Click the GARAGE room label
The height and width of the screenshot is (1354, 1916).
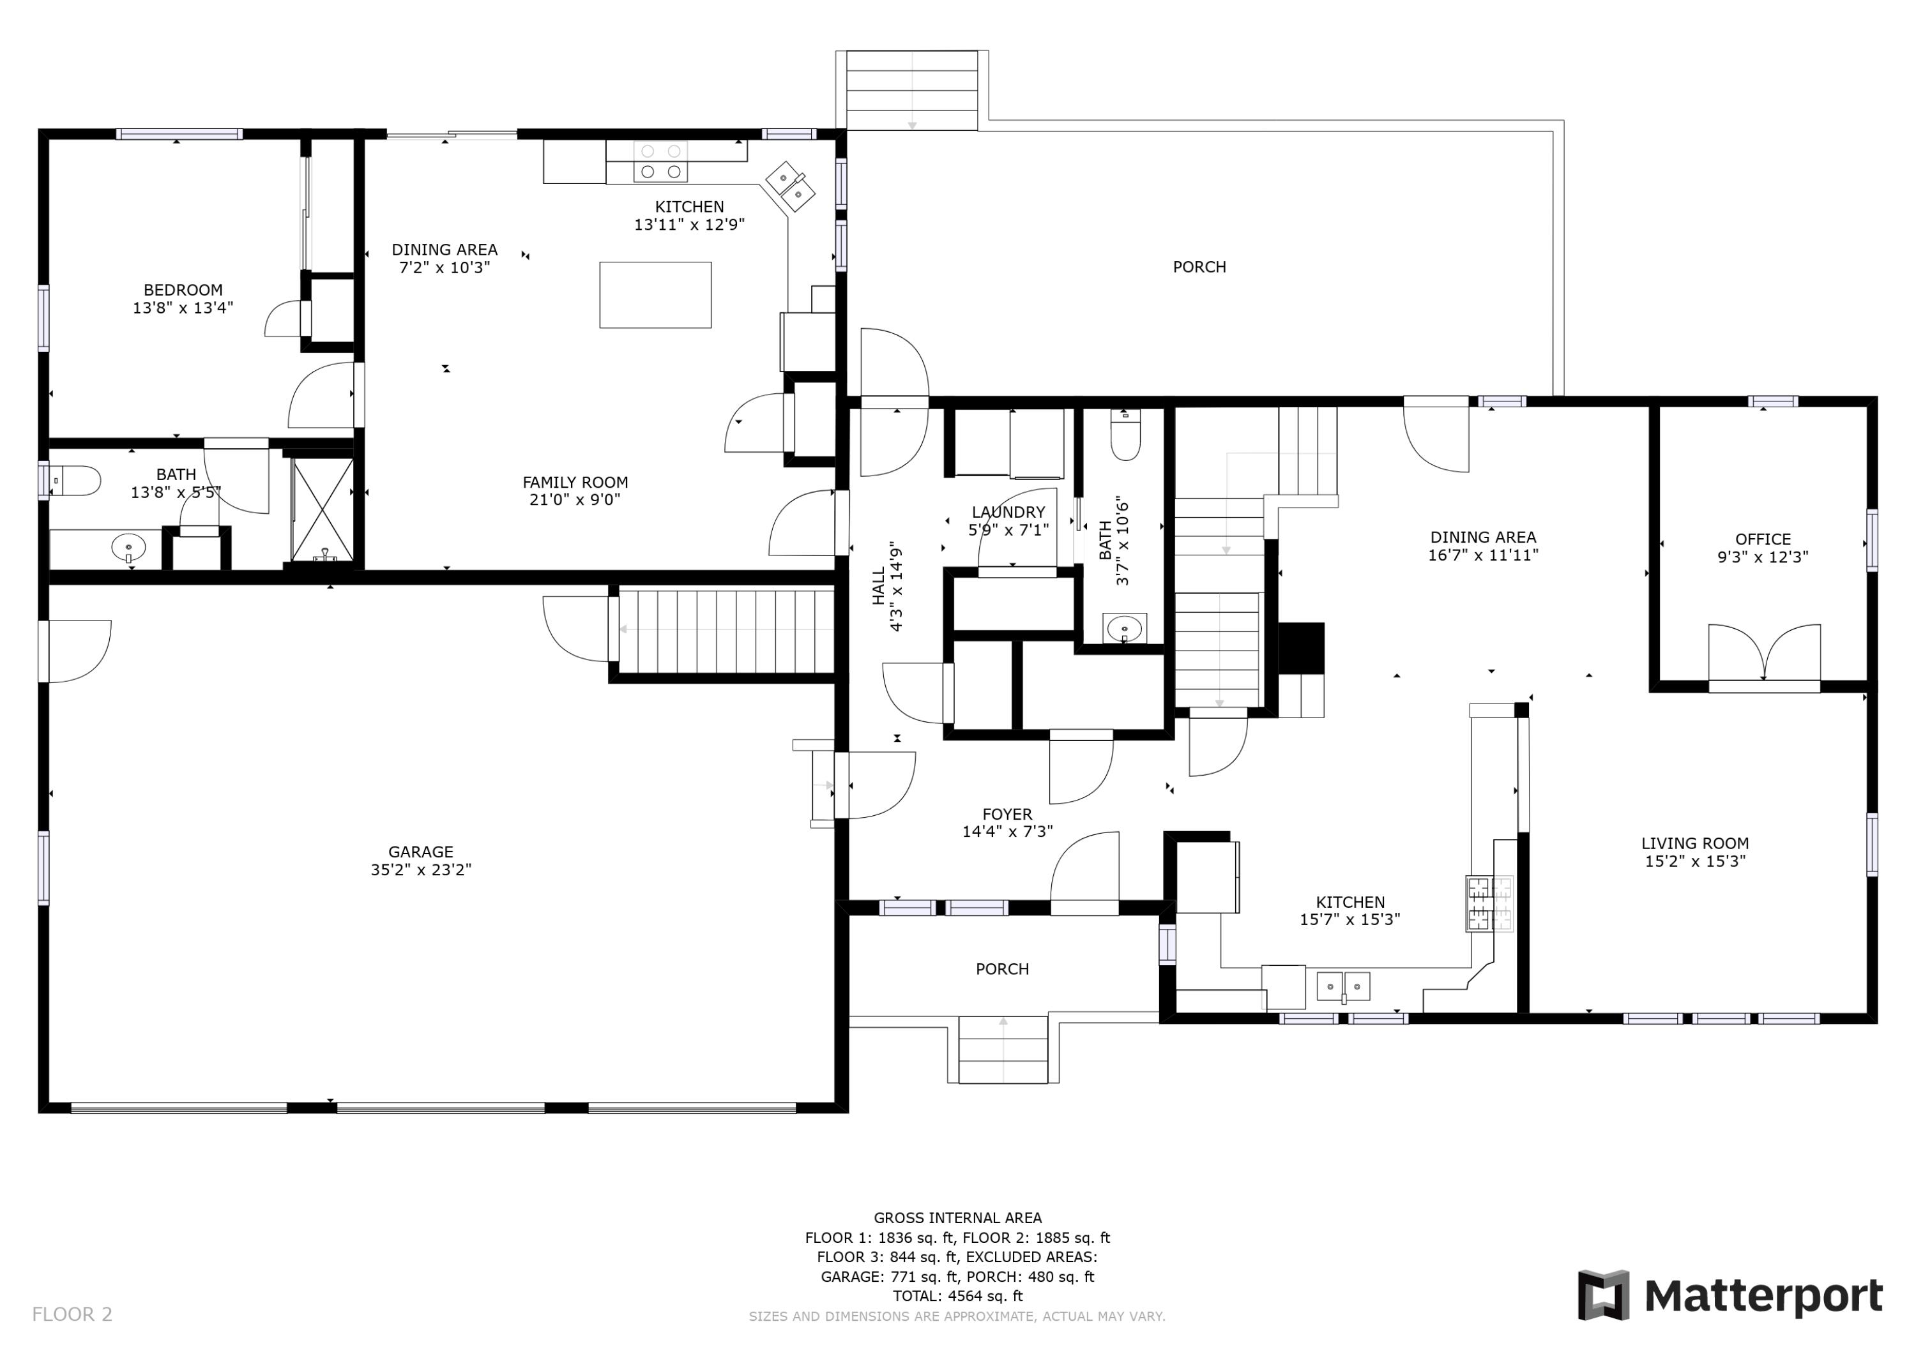coord(421,852)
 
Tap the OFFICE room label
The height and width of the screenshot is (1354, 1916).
coord(1763,539)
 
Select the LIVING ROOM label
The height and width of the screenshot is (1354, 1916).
coord(1695,843)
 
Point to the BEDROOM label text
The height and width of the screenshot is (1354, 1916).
coord(183,289)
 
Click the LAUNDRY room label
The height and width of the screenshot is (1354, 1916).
coord(1008,511)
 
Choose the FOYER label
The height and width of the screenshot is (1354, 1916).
coord(1007,813)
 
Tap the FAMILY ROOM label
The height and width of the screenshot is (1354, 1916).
coord(575,481)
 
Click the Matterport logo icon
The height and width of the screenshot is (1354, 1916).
coord(1603,1295)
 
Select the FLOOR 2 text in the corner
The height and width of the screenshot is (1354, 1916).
coord(72,1314)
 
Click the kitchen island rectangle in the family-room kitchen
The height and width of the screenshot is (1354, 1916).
coord(655,294)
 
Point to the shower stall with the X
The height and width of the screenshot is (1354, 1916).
coord(322,509)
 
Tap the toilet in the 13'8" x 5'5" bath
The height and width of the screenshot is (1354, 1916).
coord(75,481)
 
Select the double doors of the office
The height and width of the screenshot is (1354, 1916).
coord(1764,654)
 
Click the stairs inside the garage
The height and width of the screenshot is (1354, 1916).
coord(724,630)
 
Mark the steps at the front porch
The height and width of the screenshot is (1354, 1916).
coord(1003,1049)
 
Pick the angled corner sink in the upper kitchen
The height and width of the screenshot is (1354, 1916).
coord(789,186)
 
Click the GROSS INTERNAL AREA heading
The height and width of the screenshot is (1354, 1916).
coord(957,1217)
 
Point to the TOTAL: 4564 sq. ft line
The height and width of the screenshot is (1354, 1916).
coord(957,1296)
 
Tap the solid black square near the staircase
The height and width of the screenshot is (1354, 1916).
coord(1302,647)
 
